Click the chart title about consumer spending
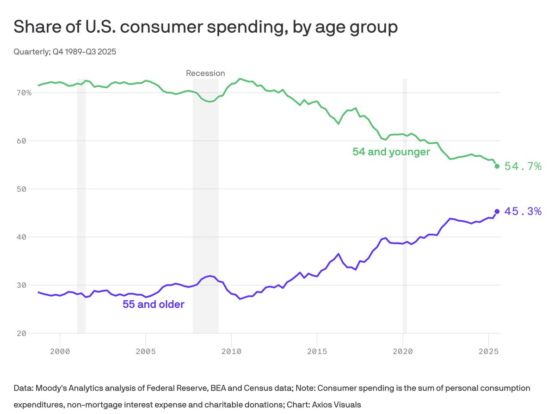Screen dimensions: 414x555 tap(205, 27)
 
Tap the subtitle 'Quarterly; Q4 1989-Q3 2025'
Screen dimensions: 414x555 tap(65, 52)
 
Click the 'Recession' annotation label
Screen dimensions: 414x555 tap(205, 73)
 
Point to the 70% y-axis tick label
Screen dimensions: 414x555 tap(22, 92)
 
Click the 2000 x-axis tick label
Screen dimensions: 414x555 tap(60, 351)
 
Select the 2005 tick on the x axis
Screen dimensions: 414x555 tap(146, 351)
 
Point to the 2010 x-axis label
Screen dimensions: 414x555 tap(231, 351)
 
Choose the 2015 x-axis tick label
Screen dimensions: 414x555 tap(317, 351)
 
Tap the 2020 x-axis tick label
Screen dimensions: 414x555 tap(402, 351)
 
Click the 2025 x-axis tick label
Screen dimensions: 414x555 tap(488, 351)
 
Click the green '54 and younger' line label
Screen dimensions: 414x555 tap(391, 152)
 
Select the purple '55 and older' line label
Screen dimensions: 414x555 tap(153, 304)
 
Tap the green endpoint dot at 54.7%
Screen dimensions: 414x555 tap(497, 166)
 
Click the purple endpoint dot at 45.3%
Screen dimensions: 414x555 tap(497, 212)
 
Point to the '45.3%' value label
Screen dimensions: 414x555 tap(523, 212)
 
